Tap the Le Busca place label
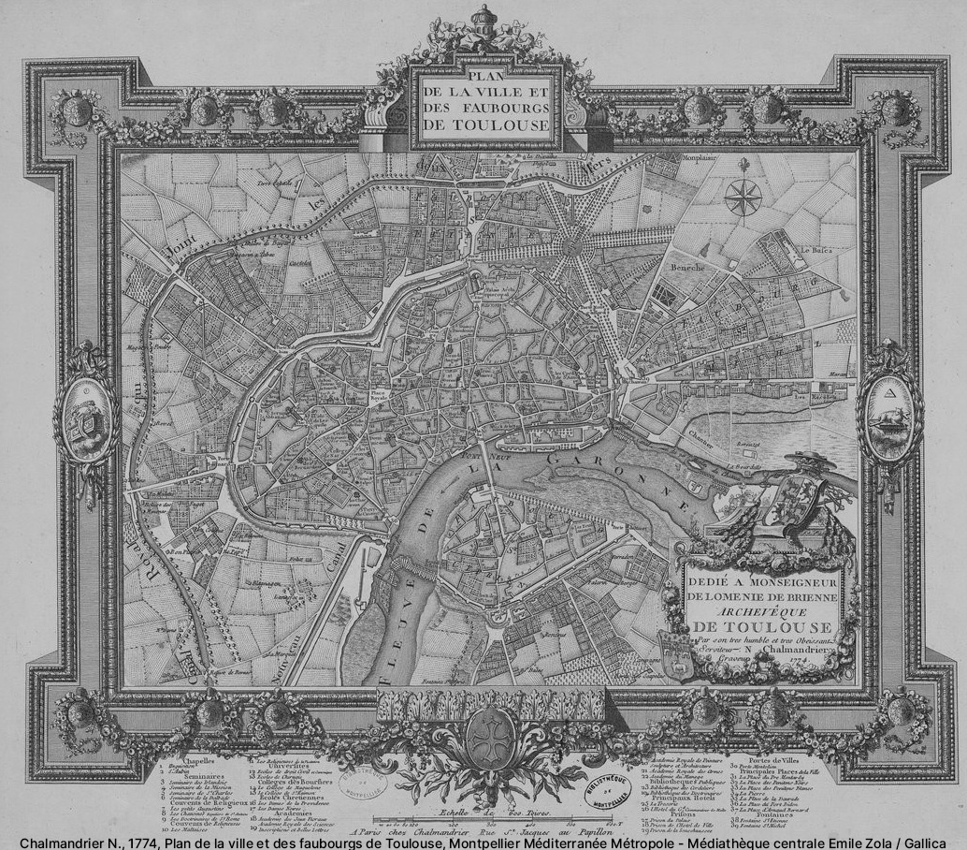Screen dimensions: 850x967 pyautogui.click(x=815, y=250)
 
